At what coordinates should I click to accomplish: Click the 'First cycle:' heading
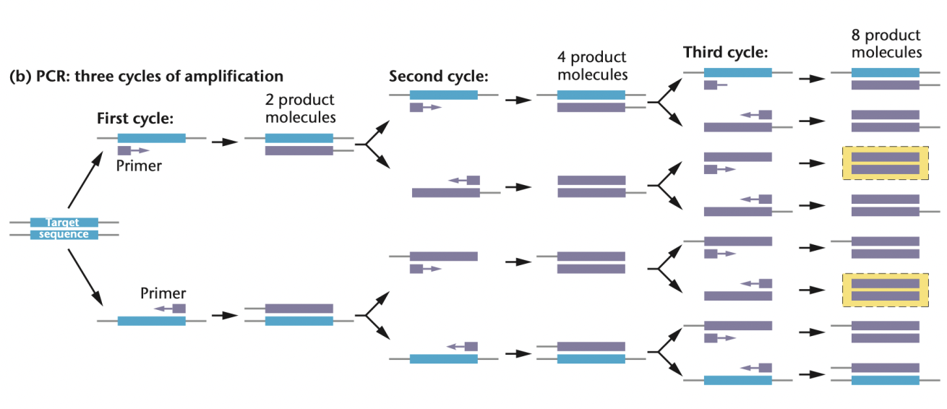(135, 119)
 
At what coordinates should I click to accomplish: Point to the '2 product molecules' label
(300, 108)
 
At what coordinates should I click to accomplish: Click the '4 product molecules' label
(591, 65)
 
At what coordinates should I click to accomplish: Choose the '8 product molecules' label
(886, 43)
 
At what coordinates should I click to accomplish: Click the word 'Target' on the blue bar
(63, 223)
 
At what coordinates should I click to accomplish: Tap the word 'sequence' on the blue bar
(64, 234)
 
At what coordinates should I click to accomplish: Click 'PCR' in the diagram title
(44, 75)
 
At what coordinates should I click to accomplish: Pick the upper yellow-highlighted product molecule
(885, 163)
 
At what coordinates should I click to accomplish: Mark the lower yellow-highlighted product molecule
(885, 290)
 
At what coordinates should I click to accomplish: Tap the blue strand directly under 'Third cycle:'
(737, 73)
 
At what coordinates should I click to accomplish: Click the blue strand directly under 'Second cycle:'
(443, 95)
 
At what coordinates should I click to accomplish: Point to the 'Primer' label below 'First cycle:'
(139, 165)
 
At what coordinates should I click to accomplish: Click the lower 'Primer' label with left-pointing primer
(163, 293)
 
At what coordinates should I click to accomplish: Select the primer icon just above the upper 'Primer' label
(132, 150)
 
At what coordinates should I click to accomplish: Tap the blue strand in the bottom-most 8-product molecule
(885, 379)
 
